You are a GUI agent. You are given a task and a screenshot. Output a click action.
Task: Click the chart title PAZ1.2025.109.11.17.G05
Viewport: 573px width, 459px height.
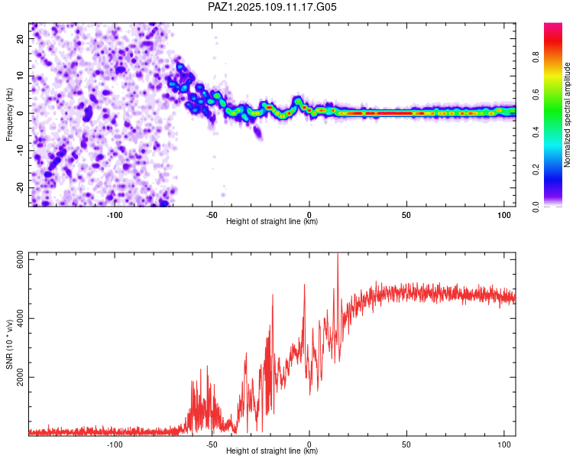point(272,7)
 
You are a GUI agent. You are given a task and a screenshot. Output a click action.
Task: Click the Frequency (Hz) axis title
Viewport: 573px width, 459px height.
point(9,115)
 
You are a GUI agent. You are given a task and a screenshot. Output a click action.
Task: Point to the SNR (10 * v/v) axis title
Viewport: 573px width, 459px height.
point(9,344)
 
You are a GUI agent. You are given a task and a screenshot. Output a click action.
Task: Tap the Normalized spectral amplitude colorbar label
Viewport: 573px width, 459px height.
point(567,115)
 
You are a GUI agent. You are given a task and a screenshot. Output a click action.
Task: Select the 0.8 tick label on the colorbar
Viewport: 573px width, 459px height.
point(536,57)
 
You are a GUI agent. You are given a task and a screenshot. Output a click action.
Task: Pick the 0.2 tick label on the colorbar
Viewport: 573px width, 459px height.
point(536,170)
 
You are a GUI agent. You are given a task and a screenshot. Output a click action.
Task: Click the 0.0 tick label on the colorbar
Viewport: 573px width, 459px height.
point(536,207)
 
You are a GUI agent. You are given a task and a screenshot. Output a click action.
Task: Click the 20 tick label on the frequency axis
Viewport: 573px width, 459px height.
point(21,39)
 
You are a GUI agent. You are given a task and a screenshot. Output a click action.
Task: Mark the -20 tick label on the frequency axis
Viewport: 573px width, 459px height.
point(21,187)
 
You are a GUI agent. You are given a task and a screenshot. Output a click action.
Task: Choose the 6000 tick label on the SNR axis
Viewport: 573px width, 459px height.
point(21,259)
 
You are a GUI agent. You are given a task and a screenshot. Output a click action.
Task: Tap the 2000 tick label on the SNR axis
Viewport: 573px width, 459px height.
point(21,377)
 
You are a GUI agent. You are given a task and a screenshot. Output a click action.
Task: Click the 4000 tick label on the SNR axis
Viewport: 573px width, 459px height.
point(21,318)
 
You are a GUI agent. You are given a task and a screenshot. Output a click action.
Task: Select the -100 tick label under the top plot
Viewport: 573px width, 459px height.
point(115,215)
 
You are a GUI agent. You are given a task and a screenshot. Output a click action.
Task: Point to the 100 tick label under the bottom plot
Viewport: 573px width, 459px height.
point(504,444)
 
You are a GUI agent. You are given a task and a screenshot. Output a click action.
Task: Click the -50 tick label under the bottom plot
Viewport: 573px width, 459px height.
point(212,444)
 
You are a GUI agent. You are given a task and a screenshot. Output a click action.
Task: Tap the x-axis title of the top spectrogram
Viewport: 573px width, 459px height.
point(272,221)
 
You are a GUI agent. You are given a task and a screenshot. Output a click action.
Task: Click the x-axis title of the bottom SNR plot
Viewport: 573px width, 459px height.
point(272,451)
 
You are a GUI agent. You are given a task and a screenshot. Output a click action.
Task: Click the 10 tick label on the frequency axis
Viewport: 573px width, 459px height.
point(21,76)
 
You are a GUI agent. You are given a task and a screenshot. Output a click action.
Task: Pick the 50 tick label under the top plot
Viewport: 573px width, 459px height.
point(406,215)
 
